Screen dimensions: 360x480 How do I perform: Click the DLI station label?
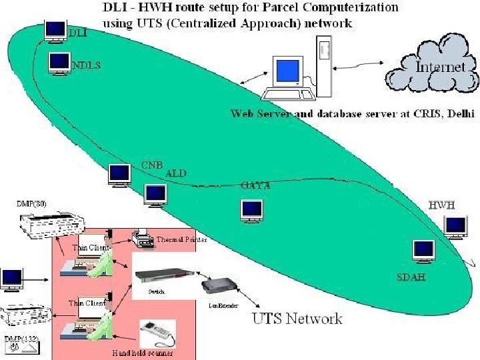click(x=78, y=32)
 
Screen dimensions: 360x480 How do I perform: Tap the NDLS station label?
click(x=87, y=65)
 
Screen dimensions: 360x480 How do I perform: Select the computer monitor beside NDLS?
click(x=59, y=63)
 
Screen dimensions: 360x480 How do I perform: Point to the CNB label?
click(x=152, y=165)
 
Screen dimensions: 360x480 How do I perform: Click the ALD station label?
click(x=176, y=173)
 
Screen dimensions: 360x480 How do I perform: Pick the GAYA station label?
click(x=256, y=186)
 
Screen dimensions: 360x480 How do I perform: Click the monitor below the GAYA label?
click(x=252, y=210)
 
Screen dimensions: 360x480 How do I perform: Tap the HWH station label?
click(x=441, y=205)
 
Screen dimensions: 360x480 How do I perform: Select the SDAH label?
click(x=411, y=276)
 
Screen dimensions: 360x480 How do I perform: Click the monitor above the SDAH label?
click(x=423, y=251)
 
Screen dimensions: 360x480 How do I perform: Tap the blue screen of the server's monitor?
click(x=289, y=71)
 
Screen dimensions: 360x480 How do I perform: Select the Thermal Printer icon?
click(x=142, y=237)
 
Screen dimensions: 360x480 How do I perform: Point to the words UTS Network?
click(x=297, y=318)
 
